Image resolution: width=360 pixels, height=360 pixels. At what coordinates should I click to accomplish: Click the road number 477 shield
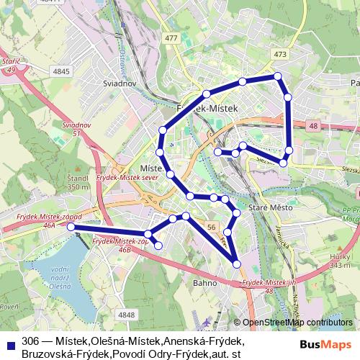coord(171,38)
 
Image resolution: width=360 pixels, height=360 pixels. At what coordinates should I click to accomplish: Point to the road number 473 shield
coord(281,55)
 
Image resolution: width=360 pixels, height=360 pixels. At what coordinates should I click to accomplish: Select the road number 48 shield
coord(312,126)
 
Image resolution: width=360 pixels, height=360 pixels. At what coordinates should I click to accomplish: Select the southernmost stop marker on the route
coord(238,266)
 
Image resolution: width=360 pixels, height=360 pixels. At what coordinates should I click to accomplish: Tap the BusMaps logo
coord(327,343)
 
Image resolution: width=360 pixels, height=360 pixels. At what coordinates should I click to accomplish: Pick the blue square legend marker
coord(9,342)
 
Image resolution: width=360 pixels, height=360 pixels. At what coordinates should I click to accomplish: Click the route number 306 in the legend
coord(30,341)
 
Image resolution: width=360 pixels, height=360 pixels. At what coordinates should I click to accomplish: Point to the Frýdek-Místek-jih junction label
coord(269,286)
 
